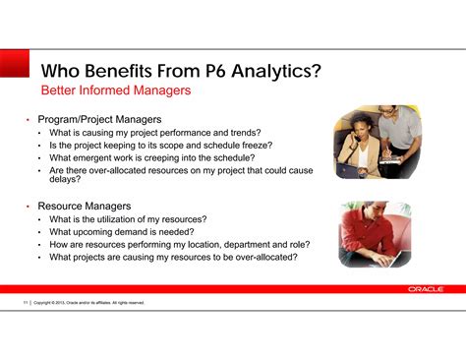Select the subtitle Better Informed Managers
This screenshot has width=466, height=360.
[115, 90]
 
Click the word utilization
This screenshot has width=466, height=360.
[128, 218]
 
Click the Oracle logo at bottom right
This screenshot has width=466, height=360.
[425, 289]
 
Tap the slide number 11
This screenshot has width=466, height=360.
[25, 303]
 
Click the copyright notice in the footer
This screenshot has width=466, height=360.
[88, 303]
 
